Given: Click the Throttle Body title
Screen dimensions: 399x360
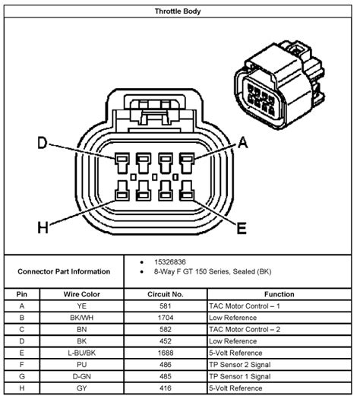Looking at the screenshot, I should [x=180, y=11].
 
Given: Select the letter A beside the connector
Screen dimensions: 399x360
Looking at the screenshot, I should [x=242, y=141].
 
